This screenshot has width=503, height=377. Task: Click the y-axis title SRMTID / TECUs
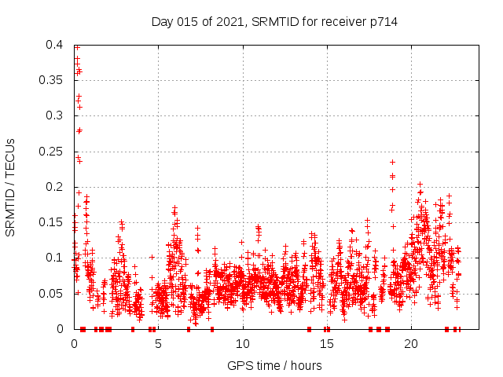coord(10,187)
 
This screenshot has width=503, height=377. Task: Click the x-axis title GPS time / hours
coord(274,365)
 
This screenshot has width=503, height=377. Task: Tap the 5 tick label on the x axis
coord(158,343)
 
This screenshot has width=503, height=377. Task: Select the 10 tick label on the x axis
coord(242,343)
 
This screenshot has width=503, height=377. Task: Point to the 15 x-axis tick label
coord(326,343)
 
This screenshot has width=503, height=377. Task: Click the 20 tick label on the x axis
coord(410,343)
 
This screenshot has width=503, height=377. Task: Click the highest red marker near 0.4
coord(77,47)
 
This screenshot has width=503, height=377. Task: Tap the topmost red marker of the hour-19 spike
coord(393,162)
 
